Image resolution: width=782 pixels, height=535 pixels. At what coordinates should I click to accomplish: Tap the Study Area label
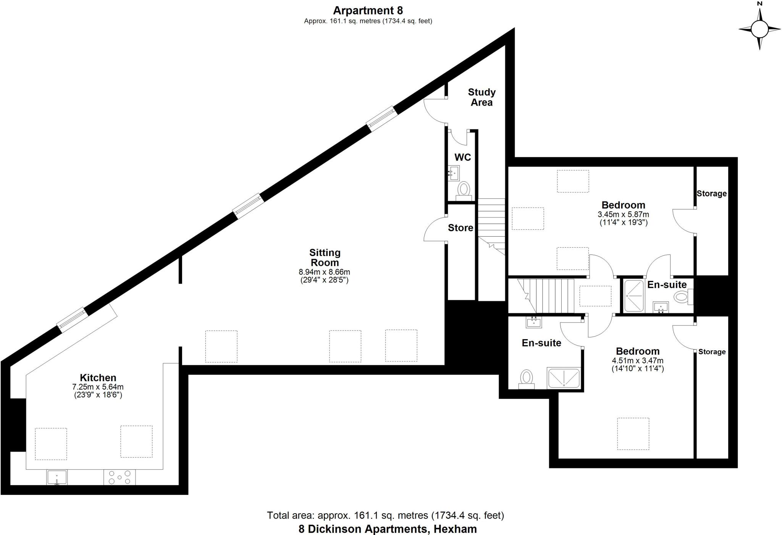pyautogui.click(x=481, y=97)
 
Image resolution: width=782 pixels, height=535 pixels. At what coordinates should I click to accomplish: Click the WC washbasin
pyautogui.click(x=454, y=173)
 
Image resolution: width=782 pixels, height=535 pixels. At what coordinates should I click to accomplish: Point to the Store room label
pyautogui.click(x=460, y=228)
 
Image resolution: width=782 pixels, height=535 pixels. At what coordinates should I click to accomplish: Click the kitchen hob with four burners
pyautogui.click(x=120, y=477)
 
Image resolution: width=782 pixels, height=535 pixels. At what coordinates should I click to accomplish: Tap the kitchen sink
pyautogui.click(x=57, y=477)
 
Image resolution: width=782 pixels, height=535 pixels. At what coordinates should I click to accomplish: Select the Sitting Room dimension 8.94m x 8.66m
pyautogui.click(x=324, y=272)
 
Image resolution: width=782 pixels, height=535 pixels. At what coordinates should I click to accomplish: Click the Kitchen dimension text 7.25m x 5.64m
pyautogui.click(x=98, y=387)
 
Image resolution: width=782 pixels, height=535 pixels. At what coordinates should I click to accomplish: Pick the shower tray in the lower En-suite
pyautogui.click(x=564, y=378)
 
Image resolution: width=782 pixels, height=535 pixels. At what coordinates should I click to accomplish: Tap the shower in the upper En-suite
pyautogui.click(x=634, y=296)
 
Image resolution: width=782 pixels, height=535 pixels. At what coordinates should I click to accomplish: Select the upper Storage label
pyautogui.click(x=711, y=193)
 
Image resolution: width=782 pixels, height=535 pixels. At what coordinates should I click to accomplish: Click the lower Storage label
pyautogui.click(x=712, y=352)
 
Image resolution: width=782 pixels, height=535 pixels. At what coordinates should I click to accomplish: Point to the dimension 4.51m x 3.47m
pyautogui.click(x=637, y=361)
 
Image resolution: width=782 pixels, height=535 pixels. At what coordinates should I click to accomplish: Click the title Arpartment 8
pyautogui.click(x=368, y=10)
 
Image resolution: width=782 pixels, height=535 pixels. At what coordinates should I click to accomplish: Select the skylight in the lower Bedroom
pyautogui.click(x=633, y=433)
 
